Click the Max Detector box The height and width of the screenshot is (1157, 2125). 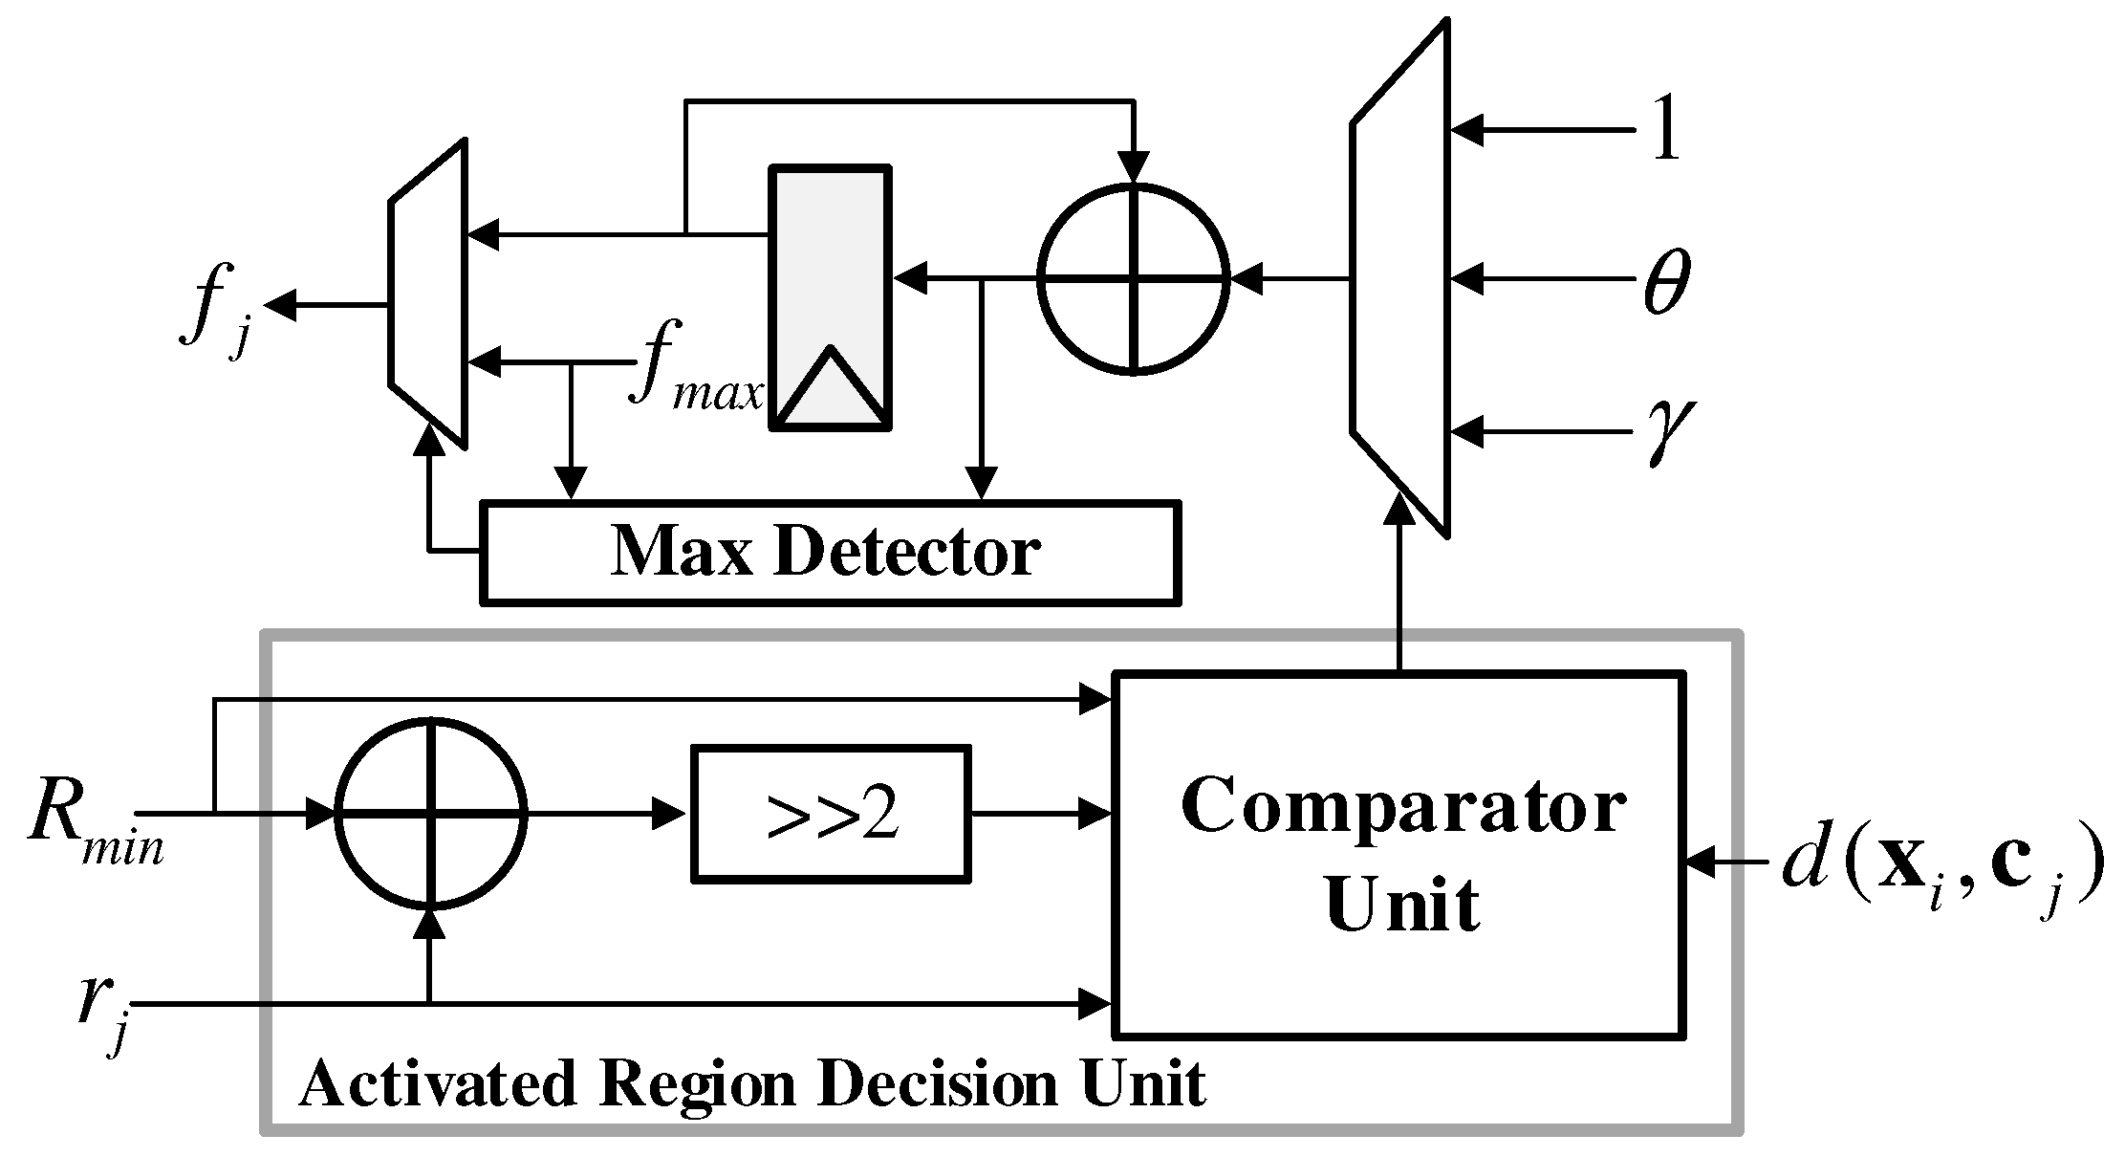click(x=829, y=552)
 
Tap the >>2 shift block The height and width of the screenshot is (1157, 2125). click(x=830, y=814)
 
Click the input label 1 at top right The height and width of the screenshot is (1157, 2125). click(x=1664, y=131)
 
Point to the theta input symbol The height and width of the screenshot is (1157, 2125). click(x=1666, y=282)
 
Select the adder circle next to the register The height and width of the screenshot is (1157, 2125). click(x=1133, y=278)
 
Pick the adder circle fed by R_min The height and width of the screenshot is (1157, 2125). click(x=431, y=813)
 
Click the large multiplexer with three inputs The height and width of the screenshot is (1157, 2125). click(x=1399, y=277)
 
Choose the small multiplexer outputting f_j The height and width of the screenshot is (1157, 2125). click(x=427, y=294)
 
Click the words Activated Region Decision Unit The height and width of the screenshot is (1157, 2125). click(x=751, y=1084)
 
